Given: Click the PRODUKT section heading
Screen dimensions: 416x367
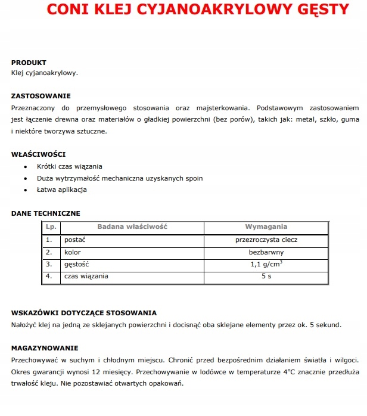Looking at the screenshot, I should point(29,62).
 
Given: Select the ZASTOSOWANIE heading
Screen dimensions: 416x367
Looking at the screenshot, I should point(41,95).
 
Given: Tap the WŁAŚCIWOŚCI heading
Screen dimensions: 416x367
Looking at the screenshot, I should point(39,154).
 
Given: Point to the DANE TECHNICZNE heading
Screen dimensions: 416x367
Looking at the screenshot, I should point(46,213).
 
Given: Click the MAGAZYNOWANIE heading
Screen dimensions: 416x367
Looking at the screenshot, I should point(45,347).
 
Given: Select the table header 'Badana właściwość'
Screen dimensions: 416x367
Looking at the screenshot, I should point(132,227).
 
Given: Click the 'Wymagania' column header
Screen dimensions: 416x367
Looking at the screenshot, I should point(266,227).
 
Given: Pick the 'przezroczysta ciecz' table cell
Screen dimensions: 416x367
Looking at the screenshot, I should point(266,240).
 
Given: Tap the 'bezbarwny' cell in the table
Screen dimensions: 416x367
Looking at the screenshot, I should point(266,252).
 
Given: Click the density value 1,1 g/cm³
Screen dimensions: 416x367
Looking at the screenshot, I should point(266,264).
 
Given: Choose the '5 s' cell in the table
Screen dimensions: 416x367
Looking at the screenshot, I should point(266,277).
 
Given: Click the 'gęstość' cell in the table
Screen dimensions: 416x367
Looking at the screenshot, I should point(77,264).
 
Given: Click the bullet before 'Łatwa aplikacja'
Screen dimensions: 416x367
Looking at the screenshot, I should point(26,190).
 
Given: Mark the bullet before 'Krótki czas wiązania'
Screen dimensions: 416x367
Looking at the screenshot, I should point(26,167).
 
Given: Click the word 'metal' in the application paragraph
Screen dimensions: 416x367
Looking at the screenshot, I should point(287,119).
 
